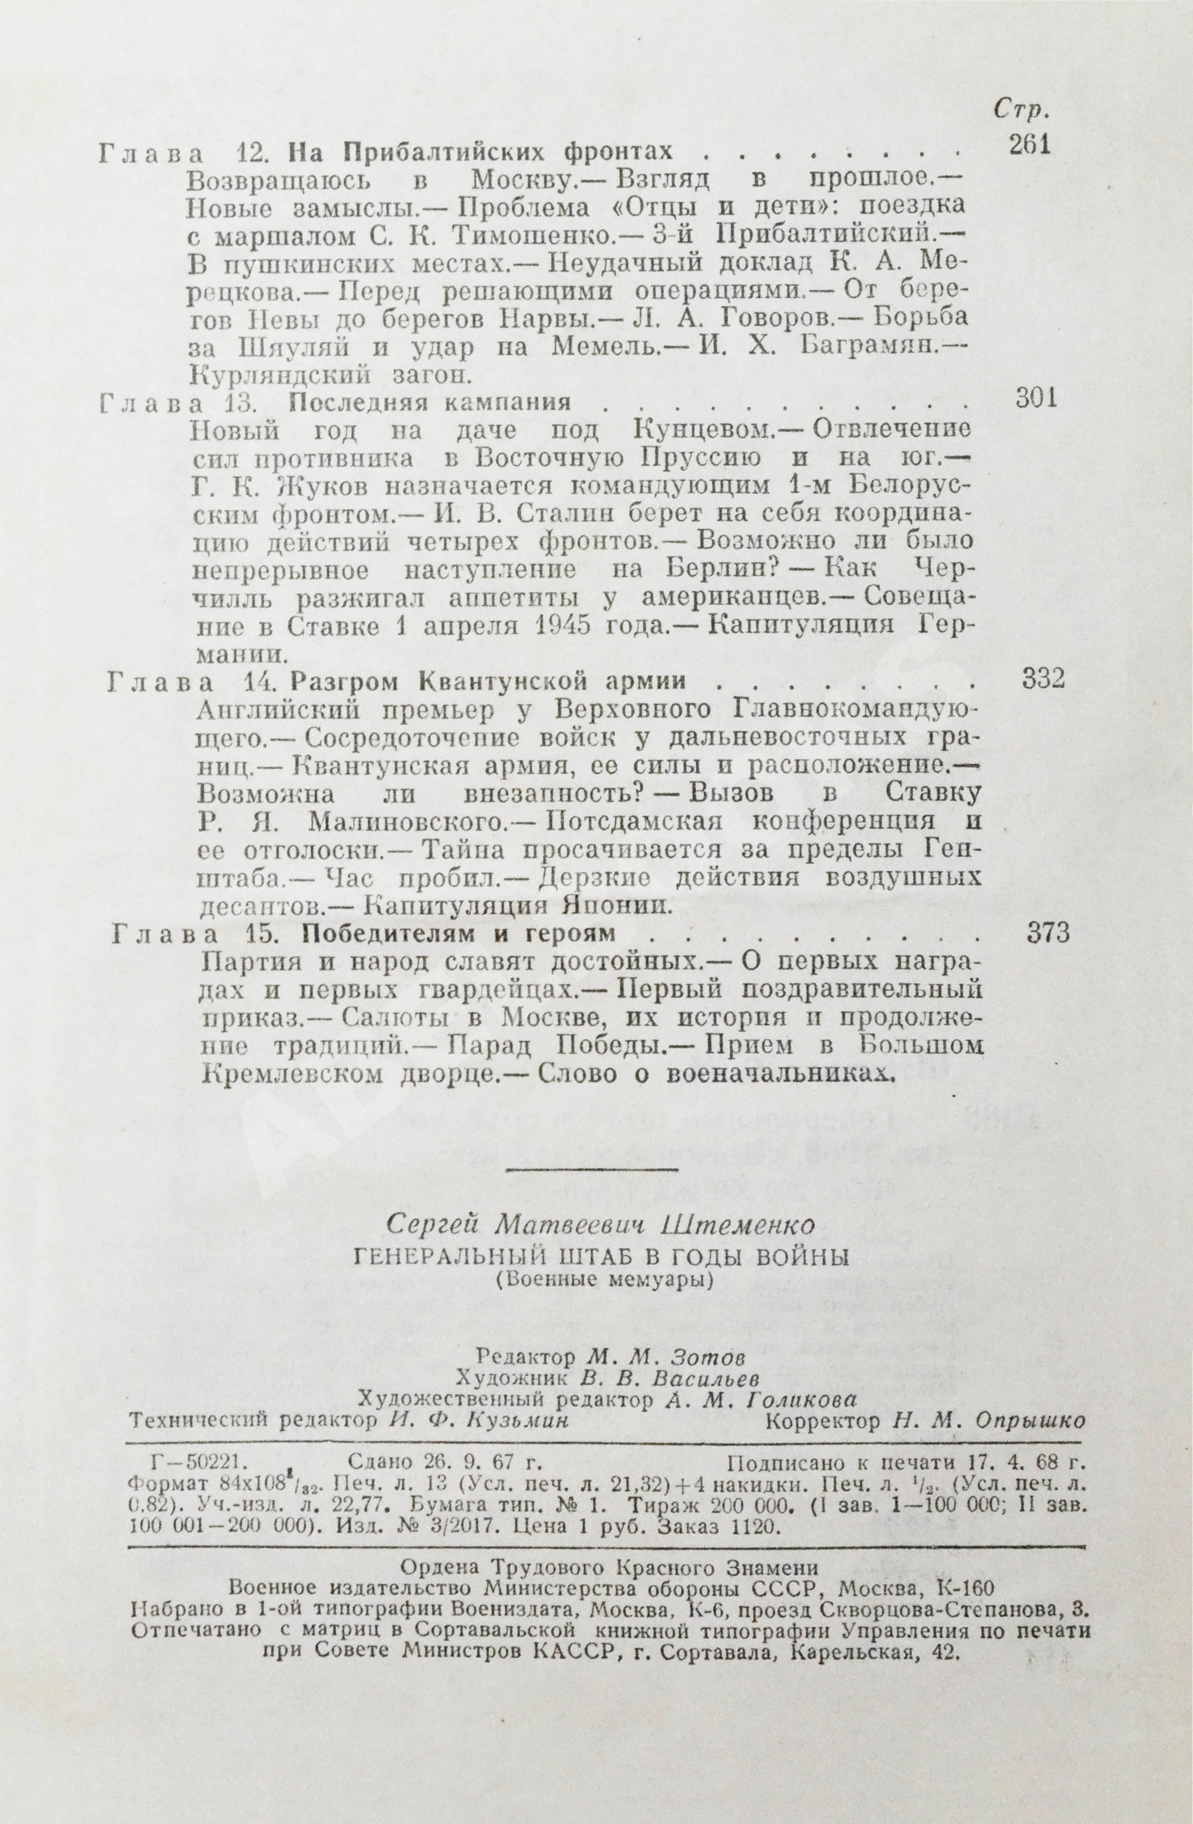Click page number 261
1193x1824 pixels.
coord(1028,145)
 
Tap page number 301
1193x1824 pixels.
coord(1035,398)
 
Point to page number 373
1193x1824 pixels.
coord(1047,933)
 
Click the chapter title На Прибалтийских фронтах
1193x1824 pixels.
coord(480,151)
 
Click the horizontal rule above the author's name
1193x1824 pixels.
coord(592,1169)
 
